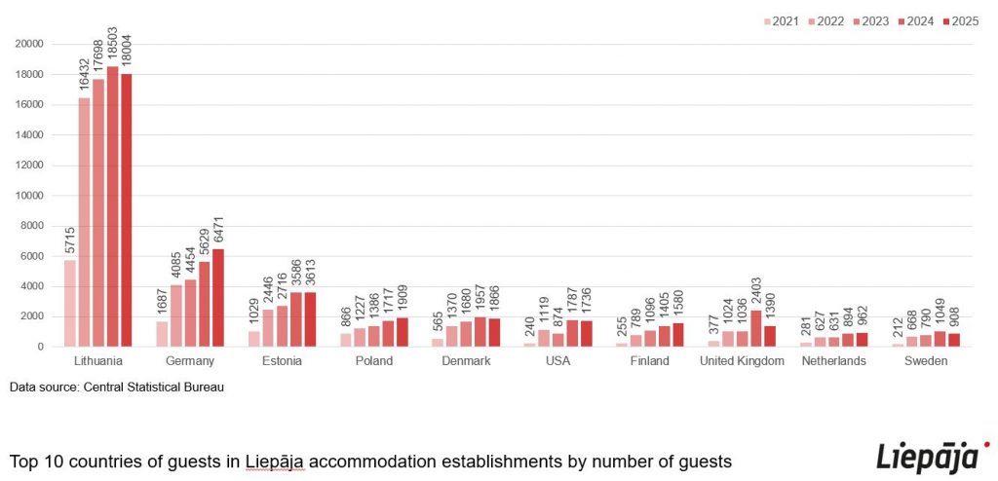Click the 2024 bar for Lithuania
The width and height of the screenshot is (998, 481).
pos(113,206)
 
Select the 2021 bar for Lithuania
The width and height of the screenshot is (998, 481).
pos(70,303)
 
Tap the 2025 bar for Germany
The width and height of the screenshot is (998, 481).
pos(218,297)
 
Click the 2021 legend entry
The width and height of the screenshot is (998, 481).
pos(782,20)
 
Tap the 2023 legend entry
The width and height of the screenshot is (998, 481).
pos(871,20)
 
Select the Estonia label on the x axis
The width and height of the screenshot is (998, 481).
pos(283,361)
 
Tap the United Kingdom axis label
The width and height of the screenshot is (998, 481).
pos(743,361)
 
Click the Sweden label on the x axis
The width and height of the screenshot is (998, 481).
pos(926,361)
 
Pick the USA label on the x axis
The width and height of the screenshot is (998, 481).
pos(558,361)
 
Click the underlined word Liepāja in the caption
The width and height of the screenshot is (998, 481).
pos(277,460)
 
